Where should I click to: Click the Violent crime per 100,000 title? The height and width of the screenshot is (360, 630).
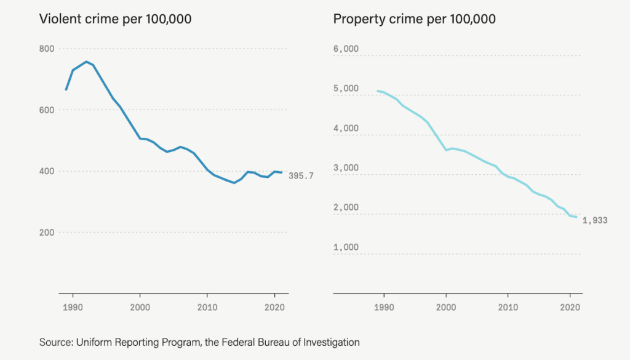(115, 19)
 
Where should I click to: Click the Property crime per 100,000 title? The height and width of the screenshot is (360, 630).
(414, 19)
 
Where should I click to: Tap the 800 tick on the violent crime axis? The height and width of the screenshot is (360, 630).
(47, 49)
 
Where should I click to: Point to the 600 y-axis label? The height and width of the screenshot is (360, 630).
(47, 110)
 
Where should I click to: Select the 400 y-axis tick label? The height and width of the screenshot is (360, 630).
(47, 171)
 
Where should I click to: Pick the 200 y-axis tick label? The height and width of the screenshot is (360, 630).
(47, 232)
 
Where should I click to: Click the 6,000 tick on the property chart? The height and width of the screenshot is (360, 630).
(346, 49)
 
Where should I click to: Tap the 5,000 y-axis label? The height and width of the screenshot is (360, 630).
(346, 89)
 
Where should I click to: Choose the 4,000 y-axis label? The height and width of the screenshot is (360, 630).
(346, 128)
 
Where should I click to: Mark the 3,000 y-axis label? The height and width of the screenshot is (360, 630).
(346, 168)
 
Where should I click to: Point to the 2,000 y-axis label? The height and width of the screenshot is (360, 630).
(346, 207)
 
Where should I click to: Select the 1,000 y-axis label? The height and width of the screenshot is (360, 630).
(346, 247)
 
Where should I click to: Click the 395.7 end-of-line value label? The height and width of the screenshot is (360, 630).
(301, 176)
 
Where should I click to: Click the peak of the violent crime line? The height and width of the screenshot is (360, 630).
(87, 62)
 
